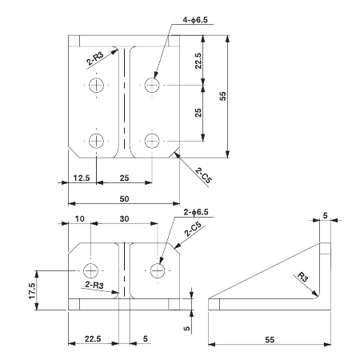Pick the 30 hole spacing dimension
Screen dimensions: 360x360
click(x=122, y=218)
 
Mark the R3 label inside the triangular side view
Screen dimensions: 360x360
click(x=299, y=278)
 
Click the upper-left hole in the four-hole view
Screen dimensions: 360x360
click(x=97, y=85)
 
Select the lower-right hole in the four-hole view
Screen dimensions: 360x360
click(x=152, y=141)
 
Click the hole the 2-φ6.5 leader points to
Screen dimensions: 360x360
click(x=158, y=270)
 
